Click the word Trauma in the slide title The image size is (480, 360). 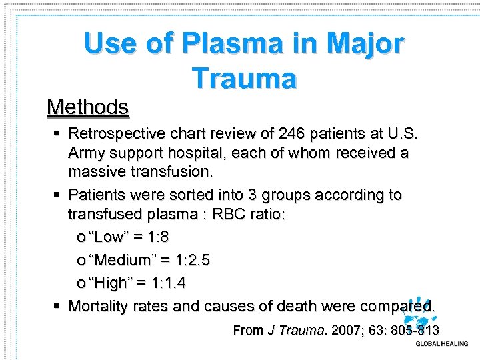pyautogui.click(x=244, y=78)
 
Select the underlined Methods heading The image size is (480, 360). pyautogui.click(x=87, y=107)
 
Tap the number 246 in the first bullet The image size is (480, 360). pyautogui.click(x=299, y=133)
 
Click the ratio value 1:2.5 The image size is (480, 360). pyautogui.click(x=190, y=260)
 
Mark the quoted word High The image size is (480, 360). pyautogui.click(x=110, y=283)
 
